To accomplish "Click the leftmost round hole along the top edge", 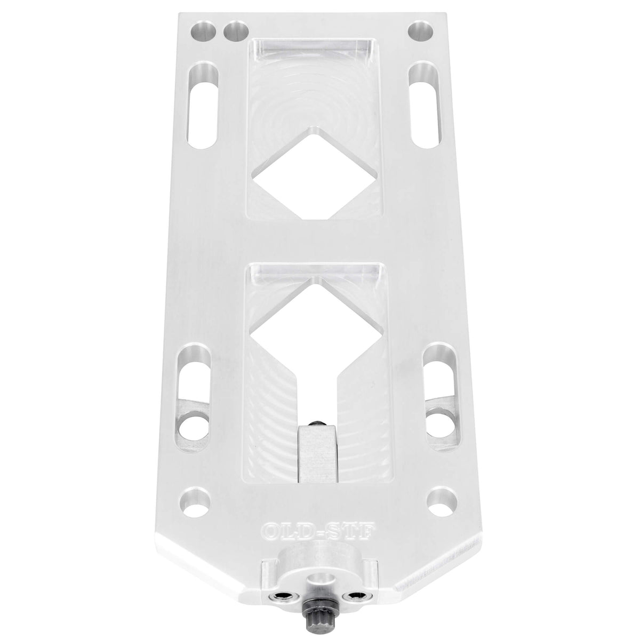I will [x=203, y=31].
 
